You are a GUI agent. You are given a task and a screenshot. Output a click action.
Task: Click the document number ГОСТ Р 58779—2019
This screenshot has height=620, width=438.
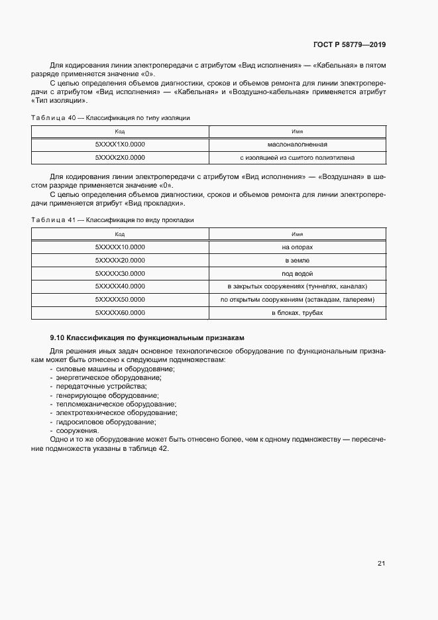pyautogui.click(x=349, y=45)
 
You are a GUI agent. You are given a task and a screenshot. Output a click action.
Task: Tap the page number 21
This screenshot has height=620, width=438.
pyautogui.click(x=381, y=564)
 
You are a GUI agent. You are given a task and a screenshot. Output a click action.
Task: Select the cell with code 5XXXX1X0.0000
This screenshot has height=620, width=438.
pyautogui.click(x=120, y=145)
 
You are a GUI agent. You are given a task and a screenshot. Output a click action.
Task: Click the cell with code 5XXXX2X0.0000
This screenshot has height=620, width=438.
pyautogui.click(x=120, y=157)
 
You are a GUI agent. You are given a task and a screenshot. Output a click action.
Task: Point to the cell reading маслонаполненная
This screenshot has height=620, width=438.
pyautogui.click(x=298, y=145)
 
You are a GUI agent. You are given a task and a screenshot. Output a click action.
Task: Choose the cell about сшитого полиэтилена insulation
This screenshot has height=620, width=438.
pyautogui.click(x=298, y=157)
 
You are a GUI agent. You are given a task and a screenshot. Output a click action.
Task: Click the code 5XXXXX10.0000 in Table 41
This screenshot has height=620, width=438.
pyautogui.click(x=120, y=247)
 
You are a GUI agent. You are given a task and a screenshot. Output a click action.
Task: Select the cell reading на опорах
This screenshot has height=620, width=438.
pyautogui.click(x=298, y=247)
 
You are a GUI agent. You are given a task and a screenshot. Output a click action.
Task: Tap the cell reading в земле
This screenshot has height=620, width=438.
pyautogui.click(x=298, y=260)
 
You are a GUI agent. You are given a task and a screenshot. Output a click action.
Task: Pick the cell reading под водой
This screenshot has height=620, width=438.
pyautogui.click(x=298, y=273)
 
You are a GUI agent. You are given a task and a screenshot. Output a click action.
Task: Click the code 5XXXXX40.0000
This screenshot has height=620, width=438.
pyautogui.click(x=120, y=286)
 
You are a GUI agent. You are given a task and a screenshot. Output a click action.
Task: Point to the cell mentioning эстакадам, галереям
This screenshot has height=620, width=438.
pyautogui.click(x=298, y=299)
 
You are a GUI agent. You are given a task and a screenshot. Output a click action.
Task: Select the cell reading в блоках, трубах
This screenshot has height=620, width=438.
pyautogui.click(x=298, y=312)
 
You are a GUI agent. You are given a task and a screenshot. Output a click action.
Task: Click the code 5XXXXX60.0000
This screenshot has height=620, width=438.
pyautogui.click(x=120, y=312)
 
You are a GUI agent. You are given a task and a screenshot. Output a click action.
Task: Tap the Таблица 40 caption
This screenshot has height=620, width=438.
pyautogui.click(x=111, y=117)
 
